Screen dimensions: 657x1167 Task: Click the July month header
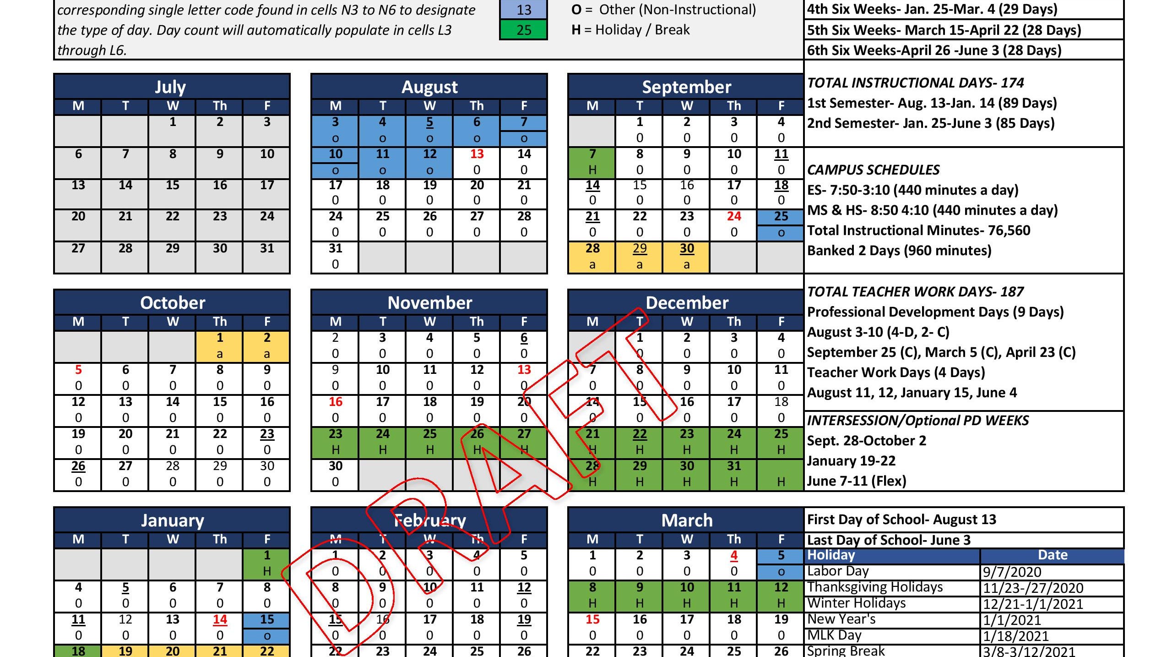(170, 87)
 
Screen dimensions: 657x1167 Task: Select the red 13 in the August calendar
(477, 154)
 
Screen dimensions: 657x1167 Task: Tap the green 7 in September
(592, 154)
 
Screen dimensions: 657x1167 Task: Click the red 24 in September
(733, 216)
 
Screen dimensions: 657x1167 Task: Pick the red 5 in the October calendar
(78, 370)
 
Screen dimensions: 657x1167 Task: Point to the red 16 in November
(335, 402)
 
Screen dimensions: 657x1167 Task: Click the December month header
(686, 303)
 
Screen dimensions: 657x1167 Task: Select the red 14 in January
(220, 619)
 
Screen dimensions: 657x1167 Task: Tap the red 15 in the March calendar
(592, 619)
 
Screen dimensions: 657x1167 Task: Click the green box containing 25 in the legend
(523, 30)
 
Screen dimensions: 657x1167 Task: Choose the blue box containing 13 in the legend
(523, 10)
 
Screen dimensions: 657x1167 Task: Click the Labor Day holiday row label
(838, 571)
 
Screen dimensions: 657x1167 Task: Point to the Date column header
(1052, 555)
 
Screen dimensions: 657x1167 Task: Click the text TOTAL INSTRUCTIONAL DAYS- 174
(915, 83)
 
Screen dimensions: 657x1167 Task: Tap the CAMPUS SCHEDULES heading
(873, 170)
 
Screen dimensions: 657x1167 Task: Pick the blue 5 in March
(781, 555)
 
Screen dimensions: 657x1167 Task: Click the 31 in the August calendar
(335, 248)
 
